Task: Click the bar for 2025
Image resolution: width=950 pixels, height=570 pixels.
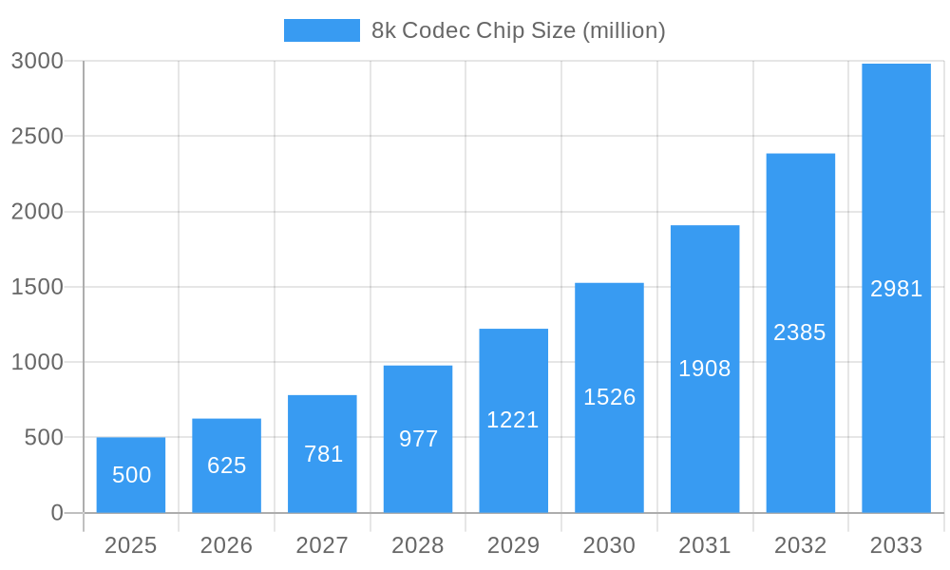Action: [x=131, y=475]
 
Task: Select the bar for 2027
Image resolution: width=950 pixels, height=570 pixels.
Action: [x=322, y=454]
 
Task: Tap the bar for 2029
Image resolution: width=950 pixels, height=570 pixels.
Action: [x=513, y=421]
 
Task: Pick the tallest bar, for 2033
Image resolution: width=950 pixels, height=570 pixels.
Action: [x=896, y=288]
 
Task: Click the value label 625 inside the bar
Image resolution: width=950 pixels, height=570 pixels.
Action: [x=227, y=465]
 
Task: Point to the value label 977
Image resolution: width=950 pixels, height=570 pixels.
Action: [x=418, y=439]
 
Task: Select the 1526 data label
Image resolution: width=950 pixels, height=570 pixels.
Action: [x=609, y=397]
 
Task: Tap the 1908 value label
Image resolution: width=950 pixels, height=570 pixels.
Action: [x=705, y=369]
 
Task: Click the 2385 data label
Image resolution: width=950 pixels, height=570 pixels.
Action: [x=800, y=332]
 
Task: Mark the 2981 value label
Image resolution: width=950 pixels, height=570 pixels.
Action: [x=896, y=289]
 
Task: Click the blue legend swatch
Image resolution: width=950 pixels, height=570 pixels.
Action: [x=321, y=30]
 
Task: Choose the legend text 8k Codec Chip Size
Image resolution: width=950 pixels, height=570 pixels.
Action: [x=518, y=30]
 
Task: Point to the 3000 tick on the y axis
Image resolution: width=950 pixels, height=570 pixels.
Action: [x=37, y=61]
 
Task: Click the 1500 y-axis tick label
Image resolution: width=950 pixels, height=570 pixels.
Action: [x=37, y=287]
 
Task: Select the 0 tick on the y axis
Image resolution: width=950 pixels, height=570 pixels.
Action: [x=56, y=513]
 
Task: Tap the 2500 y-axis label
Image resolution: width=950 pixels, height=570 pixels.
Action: [x=37, y=136]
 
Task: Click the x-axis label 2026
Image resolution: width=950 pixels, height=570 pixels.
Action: [x=226, y=545]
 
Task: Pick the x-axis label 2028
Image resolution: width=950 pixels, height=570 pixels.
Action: [x=418, y=545]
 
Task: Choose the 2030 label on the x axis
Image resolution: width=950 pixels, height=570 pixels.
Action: [x=609, y=545]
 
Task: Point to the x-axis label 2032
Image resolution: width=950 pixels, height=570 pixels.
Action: [x=800, y=545]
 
